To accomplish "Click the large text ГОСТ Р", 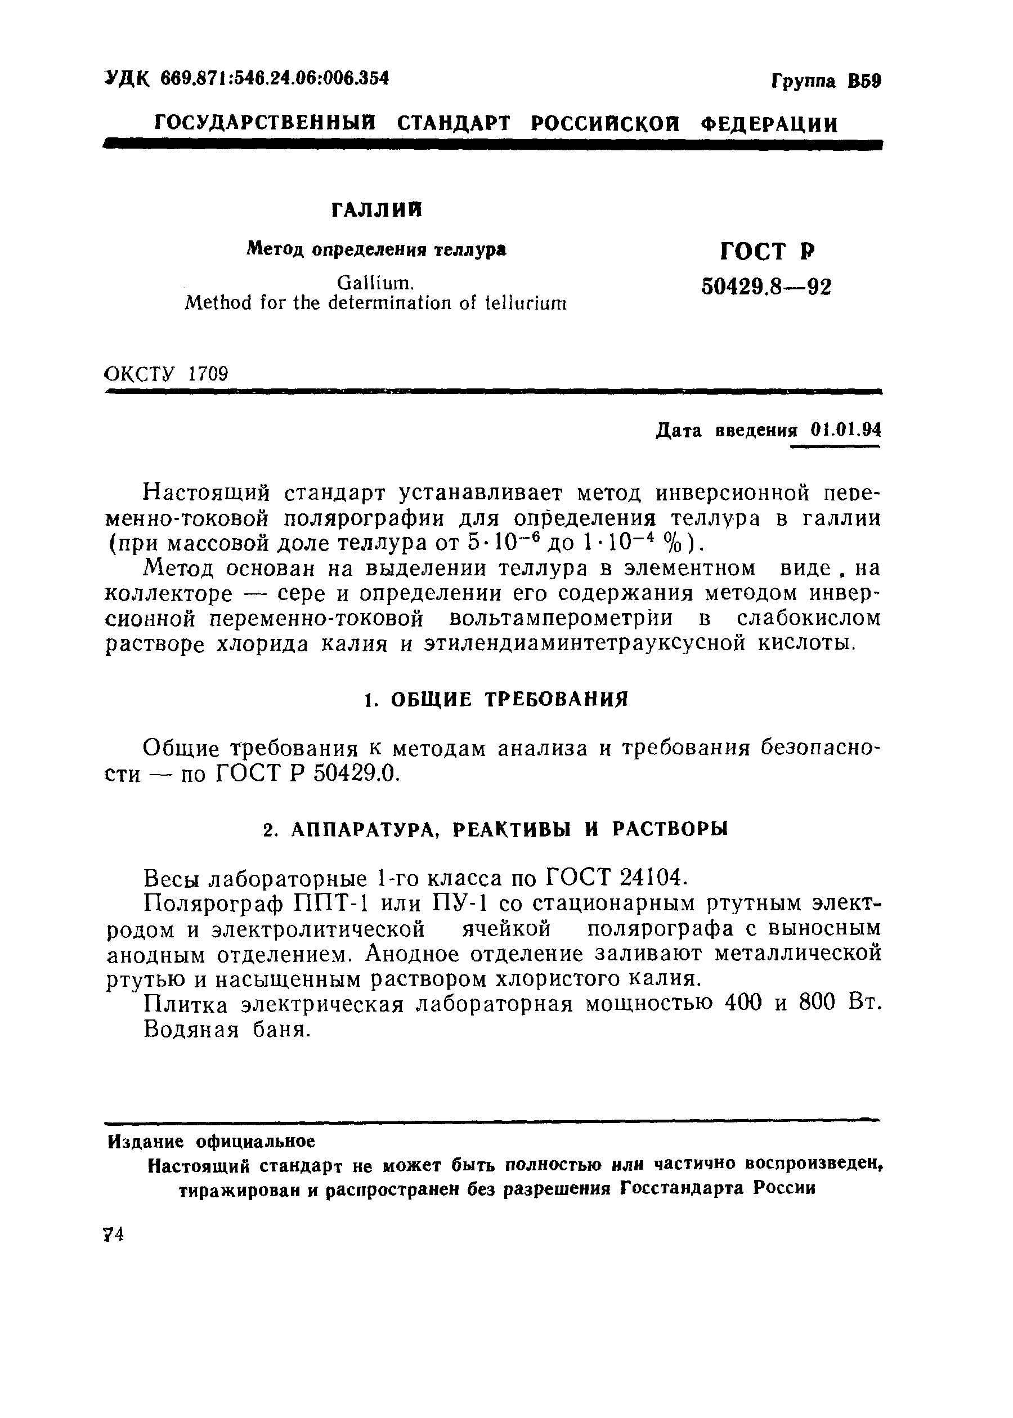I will click(x=768, y=252).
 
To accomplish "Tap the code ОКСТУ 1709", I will click(x=167, y=374).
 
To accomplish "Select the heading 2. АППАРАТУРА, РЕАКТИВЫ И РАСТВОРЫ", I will click(x=495, y=830).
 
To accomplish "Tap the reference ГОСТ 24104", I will click(x=617, y=878).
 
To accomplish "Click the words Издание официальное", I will click(x=212, y=1142).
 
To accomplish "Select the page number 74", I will click(x=115, y=1235).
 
